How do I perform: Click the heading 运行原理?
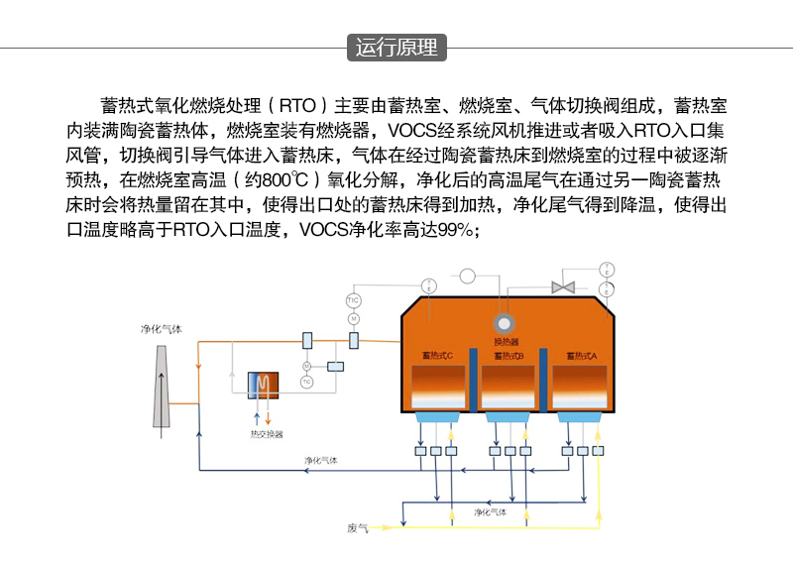click(396, 48)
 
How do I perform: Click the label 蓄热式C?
click(437, 355)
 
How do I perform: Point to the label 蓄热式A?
click(581, 355)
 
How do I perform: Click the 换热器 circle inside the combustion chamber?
click(506, 323)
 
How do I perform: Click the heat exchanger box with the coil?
click(265, 385)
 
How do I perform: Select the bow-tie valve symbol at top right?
click(564, 285)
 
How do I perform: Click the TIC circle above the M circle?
click(352, 299)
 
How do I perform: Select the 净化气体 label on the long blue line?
click(321, 461)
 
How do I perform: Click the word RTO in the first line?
click(297, 105)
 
